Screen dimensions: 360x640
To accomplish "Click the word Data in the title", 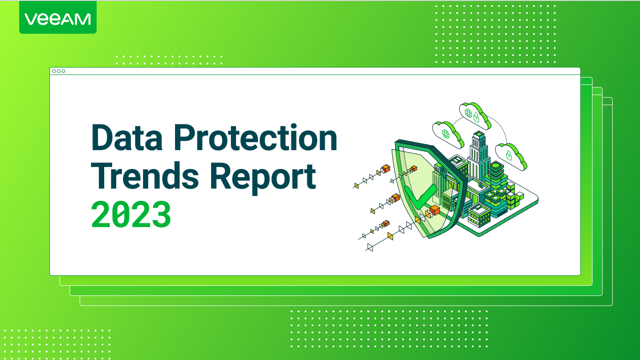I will pos(123,138).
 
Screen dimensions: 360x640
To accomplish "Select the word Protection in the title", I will pos(251,138).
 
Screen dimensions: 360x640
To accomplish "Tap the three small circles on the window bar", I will pos(59,71).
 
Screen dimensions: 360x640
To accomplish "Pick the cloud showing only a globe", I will pos(446,133).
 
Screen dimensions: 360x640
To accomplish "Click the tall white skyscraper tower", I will pos(479,155).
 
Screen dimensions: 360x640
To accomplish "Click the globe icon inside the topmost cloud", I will pos(468,113).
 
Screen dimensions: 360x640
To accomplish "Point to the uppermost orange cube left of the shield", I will pos(386,169).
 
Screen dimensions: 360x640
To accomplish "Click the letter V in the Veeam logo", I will pos(30,19).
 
